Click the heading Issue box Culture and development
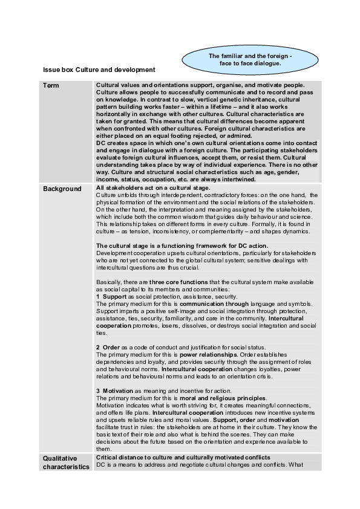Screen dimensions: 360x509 (94, 70)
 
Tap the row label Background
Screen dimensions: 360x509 (62, 189)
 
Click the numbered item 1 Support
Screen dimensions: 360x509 (111, 296)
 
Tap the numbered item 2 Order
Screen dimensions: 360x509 (108, 347)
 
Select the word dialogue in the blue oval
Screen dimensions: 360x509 (267, 63)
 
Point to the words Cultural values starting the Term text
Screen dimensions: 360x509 (117, 85)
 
